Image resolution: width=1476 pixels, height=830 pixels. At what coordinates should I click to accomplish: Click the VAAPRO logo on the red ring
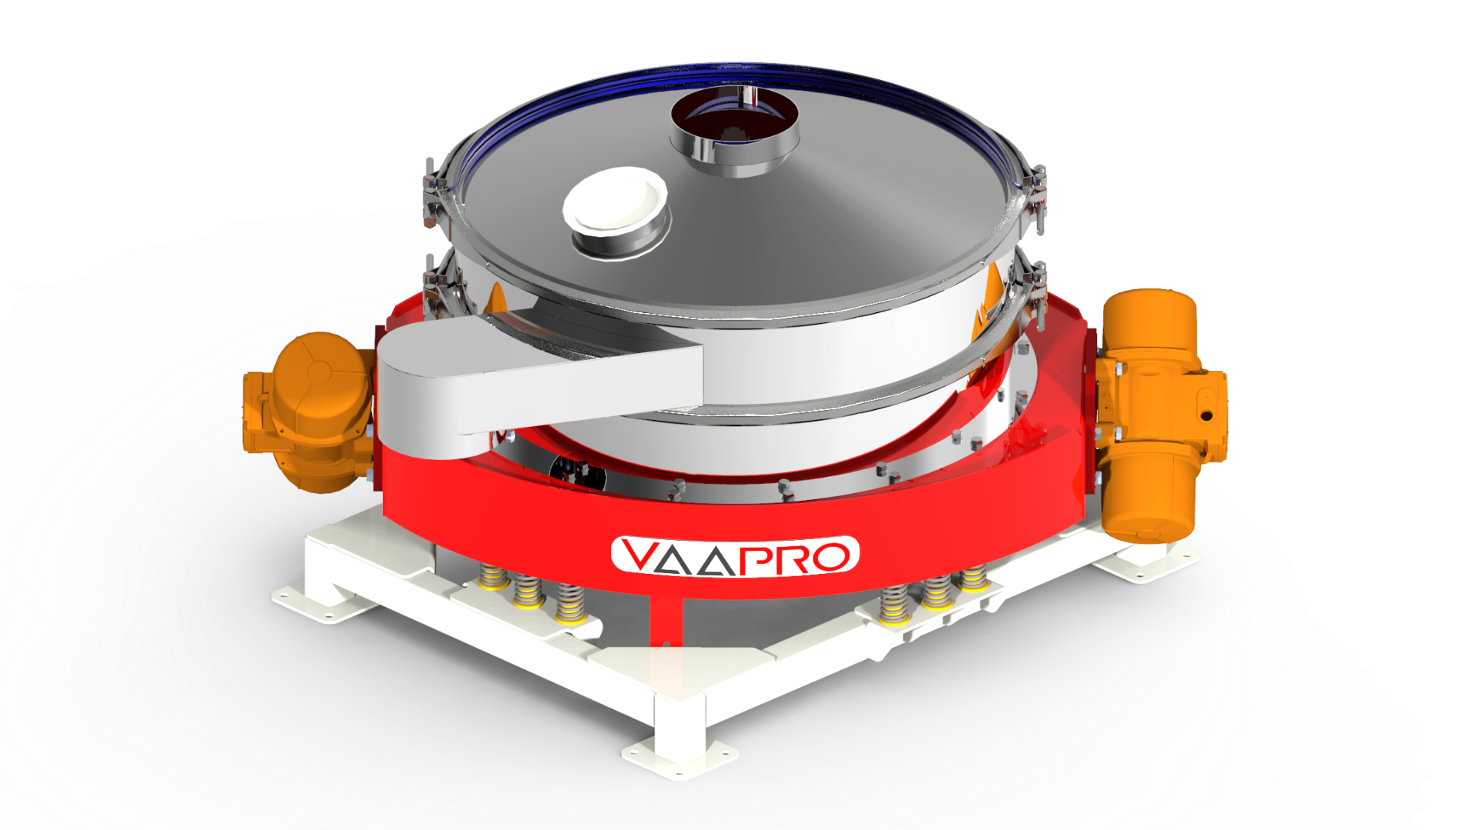(735, 555)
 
